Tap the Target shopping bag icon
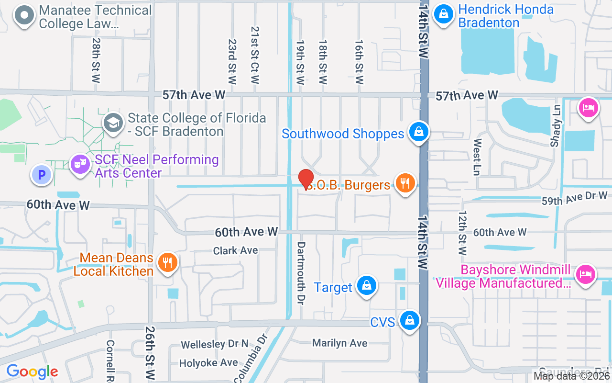[x=366, y=286]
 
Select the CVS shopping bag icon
[x=410, y=321]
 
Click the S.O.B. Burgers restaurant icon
[x=405, y=183]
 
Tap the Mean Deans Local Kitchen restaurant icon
[x=167, y=263]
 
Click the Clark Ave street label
[x=235, y=250]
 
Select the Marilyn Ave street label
[x=339, y=343]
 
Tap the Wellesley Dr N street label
[x=215, y=344]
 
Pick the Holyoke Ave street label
[x=208, y=363]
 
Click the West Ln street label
[x=477, y=157]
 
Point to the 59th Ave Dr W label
[x=574, y=198]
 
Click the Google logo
[x=32, y=372]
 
